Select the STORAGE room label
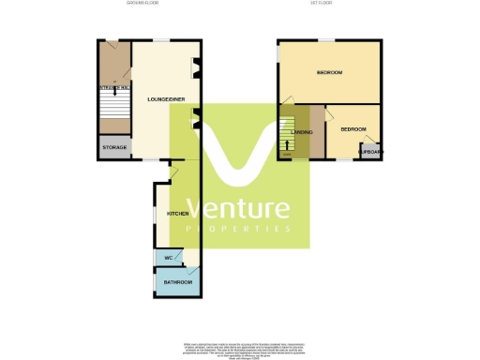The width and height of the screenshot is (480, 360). [x=113, y=147]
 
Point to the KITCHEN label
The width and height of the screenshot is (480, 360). [x=177, y=215]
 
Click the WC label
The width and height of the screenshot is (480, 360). [x=169, y=258]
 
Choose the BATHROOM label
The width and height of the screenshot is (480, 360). [x=178, y=282]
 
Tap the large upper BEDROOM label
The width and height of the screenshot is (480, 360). [x=328, y=73]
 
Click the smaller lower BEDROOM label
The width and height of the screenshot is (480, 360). [x=352, y=128]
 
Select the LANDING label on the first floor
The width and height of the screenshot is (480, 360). [x=302, y=132]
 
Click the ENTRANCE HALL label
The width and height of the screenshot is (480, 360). [x=112, y=87]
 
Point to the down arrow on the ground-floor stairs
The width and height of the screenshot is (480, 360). [x=115, y=93]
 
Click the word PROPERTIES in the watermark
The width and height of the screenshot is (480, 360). [x=238, y=229]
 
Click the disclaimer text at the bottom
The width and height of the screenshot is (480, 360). [x=240, y=338]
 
